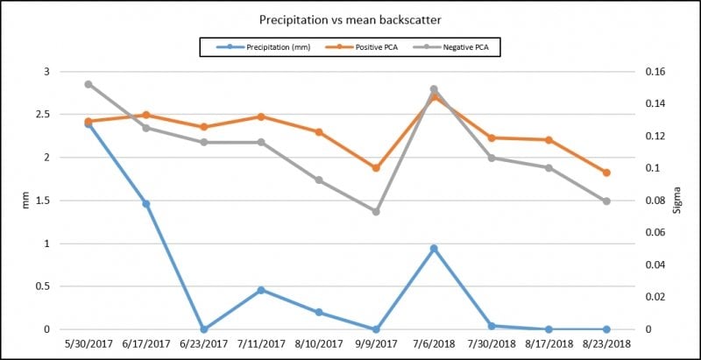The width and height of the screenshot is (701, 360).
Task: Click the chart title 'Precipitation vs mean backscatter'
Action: tap(350, 20)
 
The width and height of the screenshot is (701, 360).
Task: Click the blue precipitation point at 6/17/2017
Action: tap(145, 204)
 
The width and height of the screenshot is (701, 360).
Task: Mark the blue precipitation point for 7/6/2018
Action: tap(434, 249)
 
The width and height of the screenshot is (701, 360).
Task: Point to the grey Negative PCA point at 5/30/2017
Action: tap(89, 84)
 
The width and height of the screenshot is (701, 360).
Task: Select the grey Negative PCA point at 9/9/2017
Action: tap(376, 212)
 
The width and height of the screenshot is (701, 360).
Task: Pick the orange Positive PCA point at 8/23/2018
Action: tap(606, 173)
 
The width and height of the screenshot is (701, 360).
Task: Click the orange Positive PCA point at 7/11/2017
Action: tap(261, 116)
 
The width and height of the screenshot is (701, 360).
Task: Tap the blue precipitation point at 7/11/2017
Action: tap(261, 290)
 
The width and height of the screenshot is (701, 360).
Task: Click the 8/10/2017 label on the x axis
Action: tap(319, 344)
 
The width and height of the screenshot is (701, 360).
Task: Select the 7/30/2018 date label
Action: tap(492, 344)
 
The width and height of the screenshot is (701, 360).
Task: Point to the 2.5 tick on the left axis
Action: tap(46, 115)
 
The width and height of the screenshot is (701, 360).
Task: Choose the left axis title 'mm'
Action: tap(25, 201)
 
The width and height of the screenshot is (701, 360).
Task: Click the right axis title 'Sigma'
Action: tap(676, 200)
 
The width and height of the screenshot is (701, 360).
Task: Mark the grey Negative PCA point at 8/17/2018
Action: tap(549, 168)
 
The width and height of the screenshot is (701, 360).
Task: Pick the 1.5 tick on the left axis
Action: tap(46, 201)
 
